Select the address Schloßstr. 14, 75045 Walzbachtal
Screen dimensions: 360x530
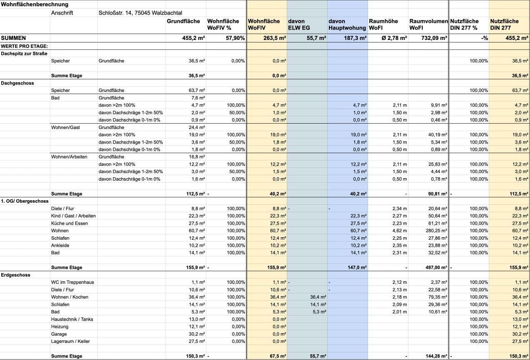point(140,13)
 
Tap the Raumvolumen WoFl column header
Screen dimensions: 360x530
point(428,24)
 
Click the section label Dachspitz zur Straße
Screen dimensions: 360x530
point(24,54)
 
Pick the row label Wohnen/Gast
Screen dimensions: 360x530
point(65,127)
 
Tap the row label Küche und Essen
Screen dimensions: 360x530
point(70,223)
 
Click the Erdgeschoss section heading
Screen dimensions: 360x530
point(16,275)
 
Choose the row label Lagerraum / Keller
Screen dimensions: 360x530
point(70,341)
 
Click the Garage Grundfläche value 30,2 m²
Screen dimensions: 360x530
point(197,334)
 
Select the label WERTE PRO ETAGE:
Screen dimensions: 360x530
point(25,46)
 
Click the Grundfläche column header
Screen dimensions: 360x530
point(183,21)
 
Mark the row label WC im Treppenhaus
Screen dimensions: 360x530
point(72,282)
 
